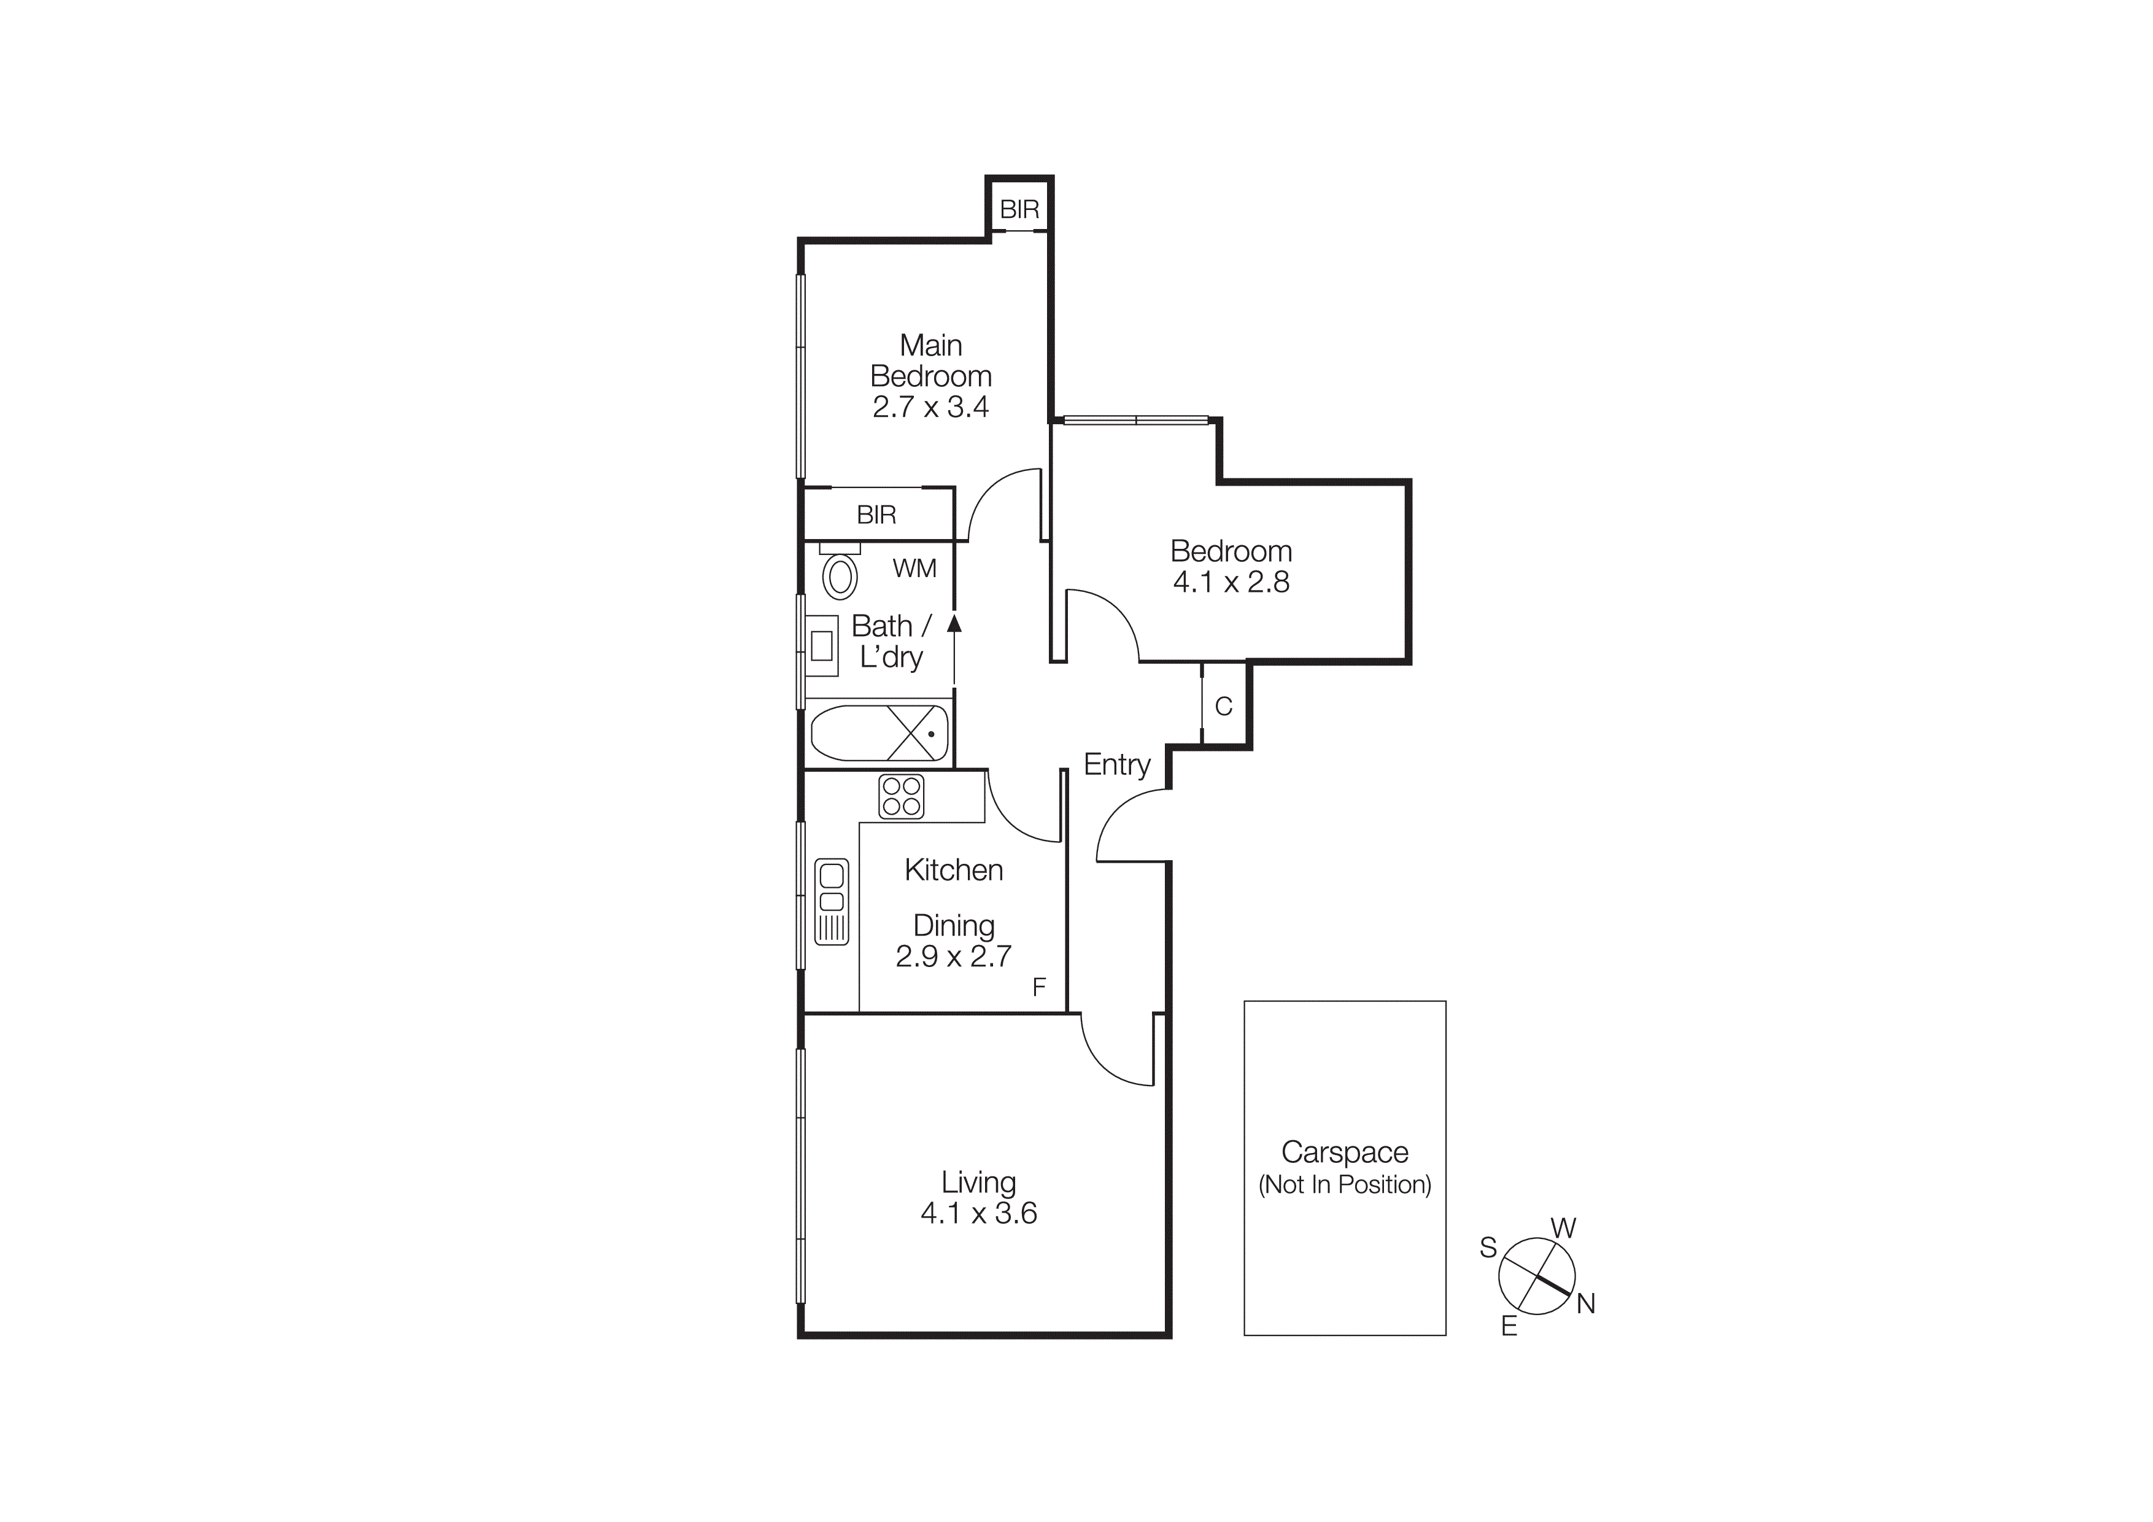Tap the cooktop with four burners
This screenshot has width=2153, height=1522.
pos(900,796)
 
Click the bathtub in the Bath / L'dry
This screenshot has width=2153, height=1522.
pos(879,732)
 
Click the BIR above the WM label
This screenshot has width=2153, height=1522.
pos(876,514)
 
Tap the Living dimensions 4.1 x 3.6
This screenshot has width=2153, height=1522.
pos(978,1213)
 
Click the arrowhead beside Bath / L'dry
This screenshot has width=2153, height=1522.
pos(954,623)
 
